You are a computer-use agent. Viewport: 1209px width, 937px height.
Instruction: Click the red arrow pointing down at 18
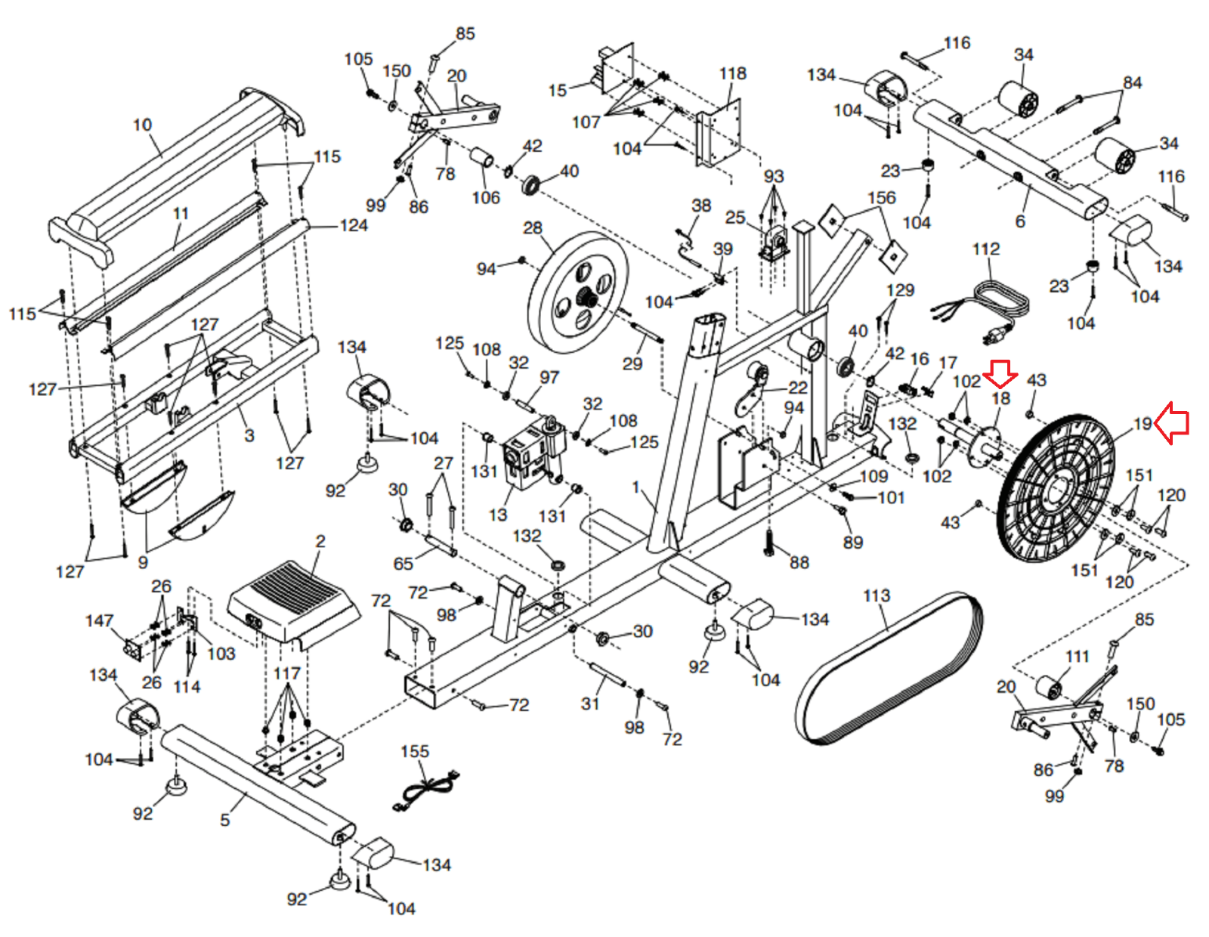[1000, 373]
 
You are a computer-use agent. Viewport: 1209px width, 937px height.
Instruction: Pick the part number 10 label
[142, 125]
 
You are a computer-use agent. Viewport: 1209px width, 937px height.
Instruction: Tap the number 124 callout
[354, 225]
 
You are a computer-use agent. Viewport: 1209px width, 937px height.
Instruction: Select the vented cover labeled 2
[293, 601]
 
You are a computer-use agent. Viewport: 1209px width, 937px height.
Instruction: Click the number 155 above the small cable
[414, 751]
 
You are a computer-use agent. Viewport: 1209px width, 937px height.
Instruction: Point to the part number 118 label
[732, 73]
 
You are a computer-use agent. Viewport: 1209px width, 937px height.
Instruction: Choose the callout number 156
[881, 197]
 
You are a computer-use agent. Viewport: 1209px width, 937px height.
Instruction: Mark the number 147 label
[99, 620]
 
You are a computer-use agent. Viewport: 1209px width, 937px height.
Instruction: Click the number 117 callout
[286, 673]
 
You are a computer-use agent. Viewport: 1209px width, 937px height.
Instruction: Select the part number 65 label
[403, 563]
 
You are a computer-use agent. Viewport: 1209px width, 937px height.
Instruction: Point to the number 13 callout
[497, 515]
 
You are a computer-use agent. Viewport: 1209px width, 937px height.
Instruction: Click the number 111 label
[1077, 656]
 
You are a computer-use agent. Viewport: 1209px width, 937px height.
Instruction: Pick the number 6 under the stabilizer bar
[1019, 221]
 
